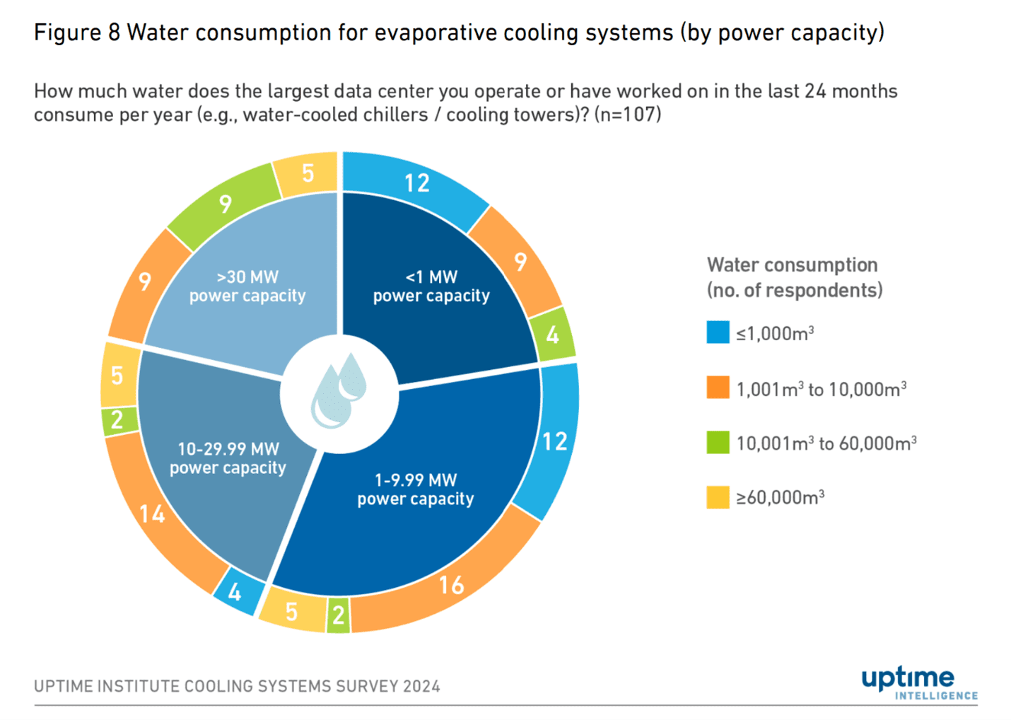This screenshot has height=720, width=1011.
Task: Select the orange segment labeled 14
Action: point(153,513)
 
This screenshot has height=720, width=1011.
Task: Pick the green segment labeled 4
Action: point(553,334)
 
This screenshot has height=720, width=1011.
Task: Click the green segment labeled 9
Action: point(224,204)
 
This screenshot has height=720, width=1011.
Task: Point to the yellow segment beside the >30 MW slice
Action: point(308,173)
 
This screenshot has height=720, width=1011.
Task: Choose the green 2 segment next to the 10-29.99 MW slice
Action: point(117,419)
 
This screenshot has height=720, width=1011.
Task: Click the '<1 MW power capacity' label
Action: point(431,286)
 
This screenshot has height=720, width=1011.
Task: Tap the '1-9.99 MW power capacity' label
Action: point(416,489)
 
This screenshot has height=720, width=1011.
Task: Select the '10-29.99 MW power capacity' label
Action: point(228,458)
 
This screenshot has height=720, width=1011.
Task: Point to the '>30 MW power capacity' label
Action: point(247,286)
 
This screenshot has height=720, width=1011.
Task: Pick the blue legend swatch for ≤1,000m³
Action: point(718,332)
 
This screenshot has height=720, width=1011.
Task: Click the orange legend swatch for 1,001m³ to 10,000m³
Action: point(718,388)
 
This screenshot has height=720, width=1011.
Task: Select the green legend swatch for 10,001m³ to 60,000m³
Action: point(718,443)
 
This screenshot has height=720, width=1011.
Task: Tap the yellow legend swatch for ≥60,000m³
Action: point(718,497)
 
